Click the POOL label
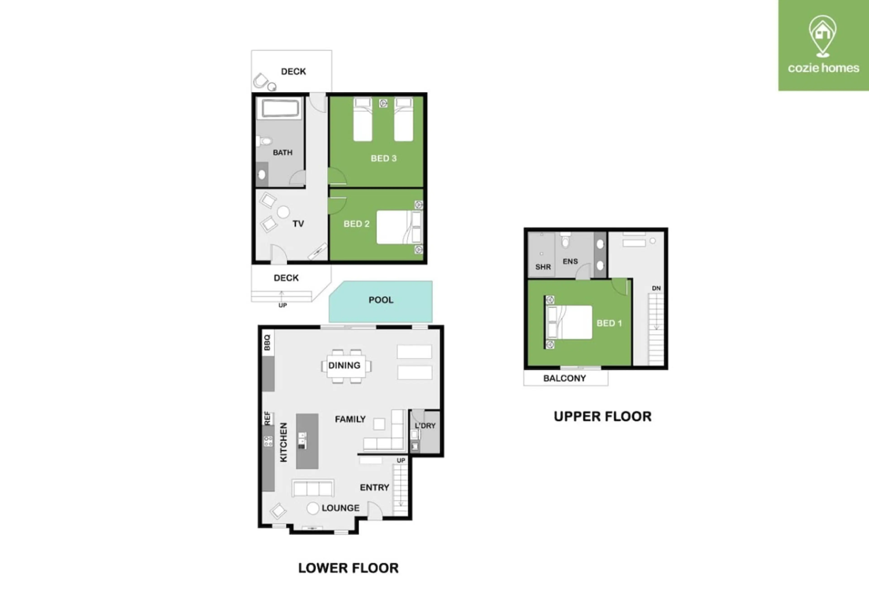[x=381, y=300]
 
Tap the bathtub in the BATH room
[x=280, y=108]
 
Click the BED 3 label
[x=384, y=158]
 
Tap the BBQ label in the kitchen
[x=267, y=342]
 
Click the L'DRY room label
[x=425, y=426]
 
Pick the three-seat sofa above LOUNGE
[x=313, y=488]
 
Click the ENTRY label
[x=375, y=487]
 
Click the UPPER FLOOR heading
[x=602, y=416]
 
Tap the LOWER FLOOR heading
[x=348, y=568]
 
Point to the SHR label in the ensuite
[x=543, y=267]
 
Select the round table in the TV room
[x=283, y=212]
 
